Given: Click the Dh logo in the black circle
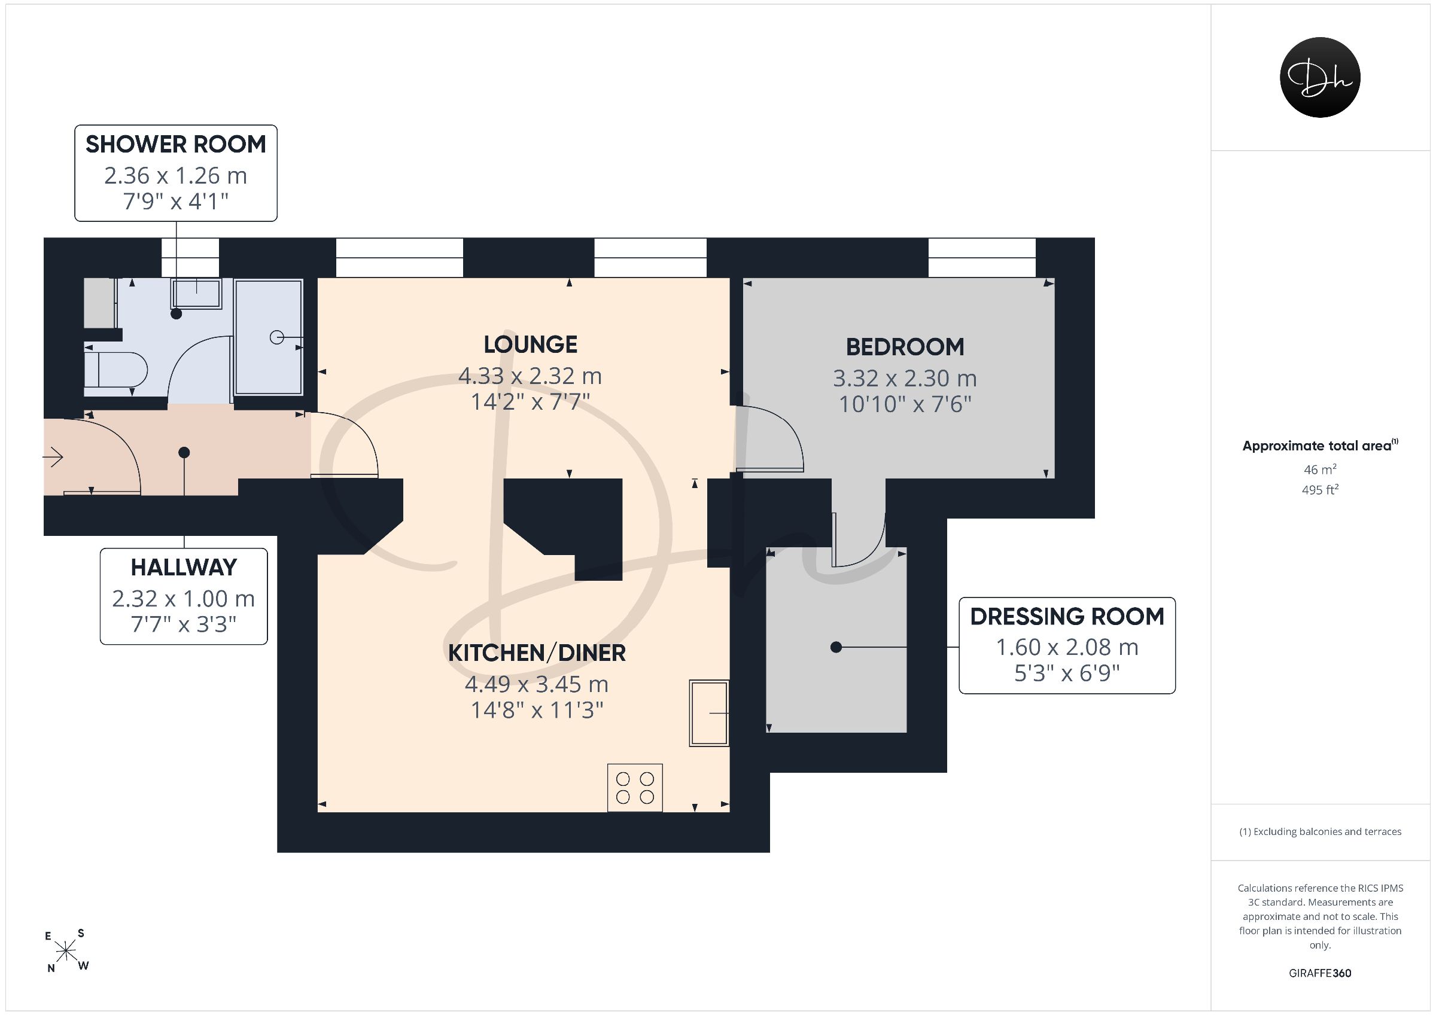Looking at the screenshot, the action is pyautogui.click(x=1320, y=77).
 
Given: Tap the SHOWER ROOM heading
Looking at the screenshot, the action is pyautogui.click(x=176, y=145).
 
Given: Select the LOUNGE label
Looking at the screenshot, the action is pyautogui.click(x=530, y=345).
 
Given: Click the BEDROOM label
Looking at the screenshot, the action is pyautogui.click(x=905, y=347).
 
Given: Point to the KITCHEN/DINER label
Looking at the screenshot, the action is pyautogui.click(x=537, y=653).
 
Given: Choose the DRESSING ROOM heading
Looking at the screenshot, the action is pyautogui.click(x=1067, y=617).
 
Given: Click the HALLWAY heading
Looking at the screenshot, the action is pyautogui.click(x=184, y=567).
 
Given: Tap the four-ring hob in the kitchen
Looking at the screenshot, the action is pyautogui.click(x=635, y=788).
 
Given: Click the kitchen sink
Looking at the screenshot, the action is pyautogui.click(x=709, y=713).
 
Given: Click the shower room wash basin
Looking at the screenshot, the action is pyautogui.click(x=196, y=293).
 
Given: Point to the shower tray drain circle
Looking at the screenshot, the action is pyautogui.click(x=276, y=338).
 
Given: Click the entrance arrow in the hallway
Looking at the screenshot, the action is pyautogui.click(x=53, y=458).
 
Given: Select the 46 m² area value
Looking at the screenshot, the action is pyautogui.click(x=1320, y=469).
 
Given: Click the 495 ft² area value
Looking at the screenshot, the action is pyautogui.click(x=1320, y=490).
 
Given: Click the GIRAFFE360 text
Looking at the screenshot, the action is pyautogui.click(x=1320, y=973).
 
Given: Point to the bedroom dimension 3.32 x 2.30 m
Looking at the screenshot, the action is pyautogui.click(x=904, y=379).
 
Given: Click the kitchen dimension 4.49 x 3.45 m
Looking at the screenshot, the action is pyautogui.click(x=537, y=684).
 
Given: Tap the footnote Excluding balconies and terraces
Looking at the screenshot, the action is pyautogui.click(x=1320, y=832).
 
